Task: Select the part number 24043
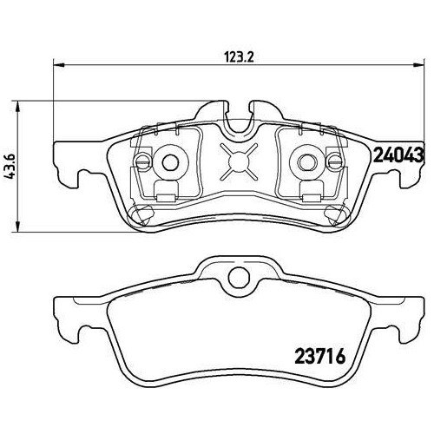pos(397,157)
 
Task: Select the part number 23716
pos(310,356)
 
